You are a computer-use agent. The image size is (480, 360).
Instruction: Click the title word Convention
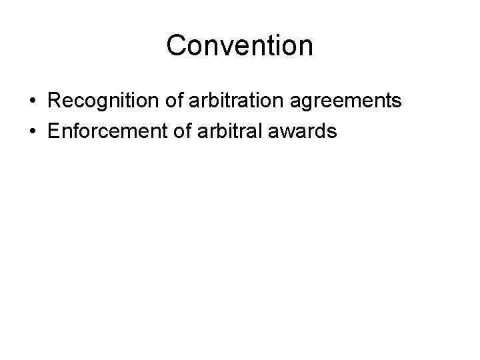(x=239, y=46)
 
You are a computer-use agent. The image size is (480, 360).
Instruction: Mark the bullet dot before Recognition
(x=33, y=102)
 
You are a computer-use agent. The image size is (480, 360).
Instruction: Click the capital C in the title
(x=176, y=46)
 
